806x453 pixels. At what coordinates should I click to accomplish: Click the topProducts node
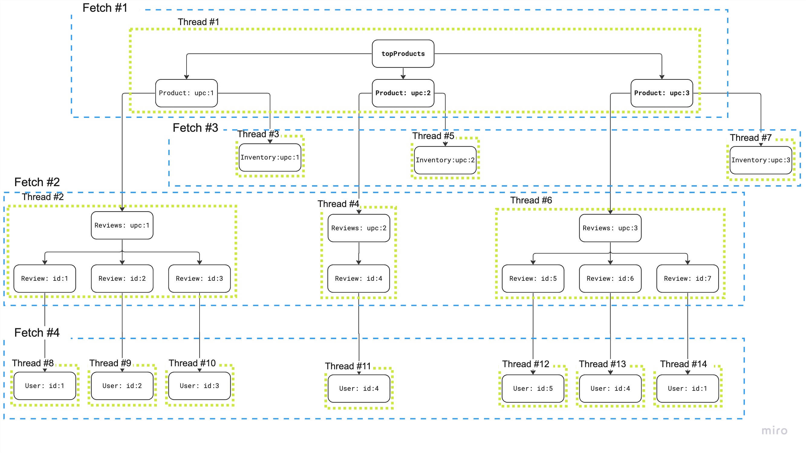[403, 53]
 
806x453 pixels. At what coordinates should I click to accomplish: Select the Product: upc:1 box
[187, 93]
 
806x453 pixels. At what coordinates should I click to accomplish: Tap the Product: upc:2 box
[403, 93]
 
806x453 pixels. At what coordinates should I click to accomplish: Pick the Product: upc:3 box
[662, 93]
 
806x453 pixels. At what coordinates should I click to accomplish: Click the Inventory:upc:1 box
[270, 157]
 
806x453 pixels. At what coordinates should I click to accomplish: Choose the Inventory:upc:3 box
[761, 160]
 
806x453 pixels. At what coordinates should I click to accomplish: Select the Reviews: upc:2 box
[359, 228]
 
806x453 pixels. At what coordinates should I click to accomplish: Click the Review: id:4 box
[359, 278]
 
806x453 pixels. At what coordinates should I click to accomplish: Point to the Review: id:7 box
[687, 278]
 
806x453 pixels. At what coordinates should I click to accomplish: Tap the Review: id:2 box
[122, 278]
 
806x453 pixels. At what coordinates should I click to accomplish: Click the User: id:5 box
[533, 388]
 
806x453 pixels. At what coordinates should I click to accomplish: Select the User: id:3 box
[199, 386]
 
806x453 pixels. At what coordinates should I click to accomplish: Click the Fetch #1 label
[105, 8]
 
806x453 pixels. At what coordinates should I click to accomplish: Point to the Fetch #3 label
[195, 128]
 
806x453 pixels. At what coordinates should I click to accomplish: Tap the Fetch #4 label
[37, 332]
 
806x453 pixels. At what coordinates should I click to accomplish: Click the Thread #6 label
[531, 200]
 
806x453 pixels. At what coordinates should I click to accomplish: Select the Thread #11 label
[348, 366]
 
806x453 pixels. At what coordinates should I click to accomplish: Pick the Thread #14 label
[683, 364]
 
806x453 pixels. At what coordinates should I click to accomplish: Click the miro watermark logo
[774, 431]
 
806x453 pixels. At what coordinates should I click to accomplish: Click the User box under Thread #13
[610, 388]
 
